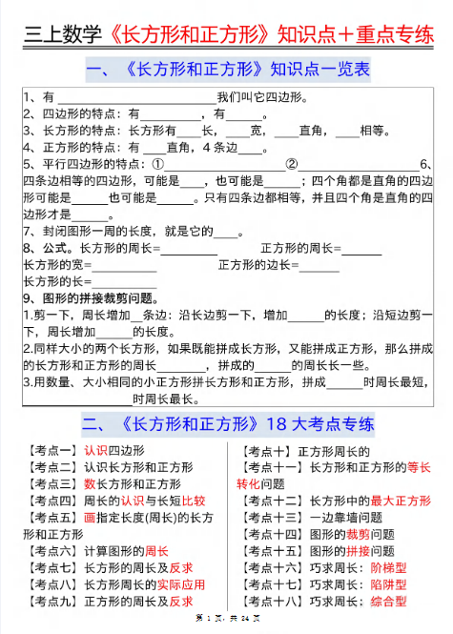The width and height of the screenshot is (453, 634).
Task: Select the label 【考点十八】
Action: pyautogui.click(x=278, y=601)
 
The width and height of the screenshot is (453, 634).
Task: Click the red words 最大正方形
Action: pyautogui.click(x=399, y=500)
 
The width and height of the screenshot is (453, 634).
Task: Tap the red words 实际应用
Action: pyautogui.click(x=181, y=583)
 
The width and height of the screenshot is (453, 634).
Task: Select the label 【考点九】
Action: pyautogui.click(x=51, y=601)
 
